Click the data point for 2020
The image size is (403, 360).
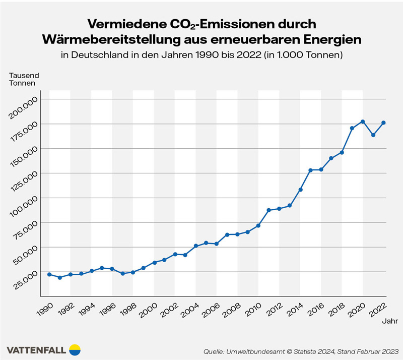coord(363,122)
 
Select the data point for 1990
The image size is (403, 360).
coord(49,274)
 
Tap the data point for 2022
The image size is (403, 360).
coord(383,123)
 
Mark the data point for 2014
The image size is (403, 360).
coord(300,190)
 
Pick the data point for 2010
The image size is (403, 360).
coord(258,225)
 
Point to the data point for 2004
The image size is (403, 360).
coord(196,246)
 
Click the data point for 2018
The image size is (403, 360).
coord(342,152)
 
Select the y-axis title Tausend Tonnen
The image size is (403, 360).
coord(24,80)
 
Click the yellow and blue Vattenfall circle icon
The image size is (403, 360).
coord(74,349)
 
